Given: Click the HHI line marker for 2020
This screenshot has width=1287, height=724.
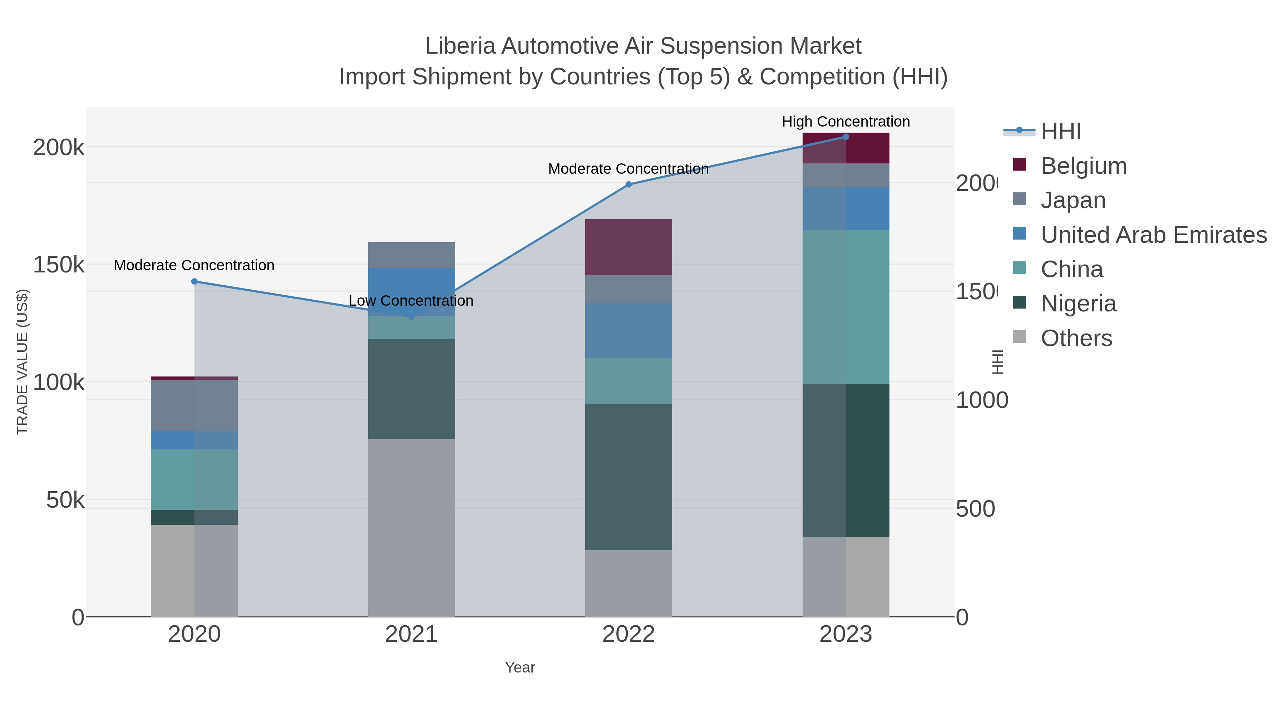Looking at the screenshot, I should (x=194, y=281).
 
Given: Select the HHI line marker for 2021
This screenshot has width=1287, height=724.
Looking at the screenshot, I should (x=411, y=316).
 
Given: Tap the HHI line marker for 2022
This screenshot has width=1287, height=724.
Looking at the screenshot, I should (x=628, y=184).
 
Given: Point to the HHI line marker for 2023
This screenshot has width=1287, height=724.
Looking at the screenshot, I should (x=845, y=137).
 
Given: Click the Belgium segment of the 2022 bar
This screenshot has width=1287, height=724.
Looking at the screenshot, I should (x=628, y=247).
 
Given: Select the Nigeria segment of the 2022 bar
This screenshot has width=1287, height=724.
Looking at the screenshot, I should (x=628, y=477).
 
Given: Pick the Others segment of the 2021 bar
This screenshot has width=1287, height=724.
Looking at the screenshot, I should (x=411, y=527).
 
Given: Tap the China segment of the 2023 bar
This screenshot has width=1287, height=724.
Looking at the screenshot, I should (x=845, y=307).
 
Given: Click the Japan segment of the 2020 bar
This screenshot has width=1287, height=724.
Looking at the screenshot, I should (x=194, y=406).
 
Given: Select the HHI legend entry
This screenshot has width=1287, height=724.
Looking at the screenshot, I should (x=1061, y=132).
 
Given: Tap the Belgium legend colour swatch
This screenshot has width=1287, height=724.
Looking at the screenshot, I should (x=1019, y=165).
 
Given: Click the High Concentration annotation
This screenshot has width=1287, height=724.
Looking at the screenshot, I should (x=845, y=122).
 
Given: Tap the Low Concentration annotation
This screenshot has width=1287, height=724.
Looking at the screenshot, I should (x=411, y=301).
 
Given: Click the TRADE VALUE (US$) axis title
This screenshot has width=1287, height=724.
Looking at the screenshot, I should (x=23, y=362).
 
